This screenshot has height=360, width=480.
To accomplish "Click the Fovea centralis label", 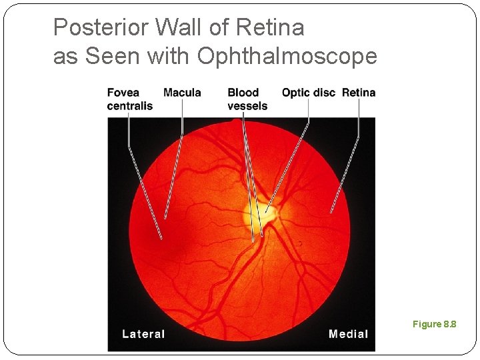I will tap(129, 99).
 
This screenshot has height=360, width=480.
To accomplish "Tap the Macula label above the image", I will tap(182, 93).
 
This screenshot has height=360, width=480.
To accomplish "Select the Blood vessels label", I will tap(247, 99).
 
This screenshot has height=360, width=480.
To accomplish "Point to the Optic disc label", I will tap(308, 93).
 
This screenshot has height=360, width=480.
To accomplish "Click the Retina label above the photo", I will tap(359, 93).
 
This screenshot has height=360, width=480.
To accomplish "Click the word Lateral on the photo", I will tap(143, 334).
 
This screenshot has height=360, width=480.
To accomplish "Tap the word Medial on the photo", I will tap(348, 334).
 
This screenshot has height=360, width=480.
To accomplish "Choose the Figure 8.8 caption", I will tap(434, 325).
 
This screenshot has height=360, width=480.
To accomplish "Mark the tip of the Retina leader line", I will tap(331, 212).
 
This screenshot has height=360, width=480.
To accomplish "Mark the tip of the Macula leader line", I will tap(165, 218).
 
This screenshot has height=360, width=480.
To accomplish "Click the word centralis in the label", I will tap(130, 106).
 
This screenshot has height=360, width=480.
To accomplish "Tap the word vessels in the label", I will tap(247, 106).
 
